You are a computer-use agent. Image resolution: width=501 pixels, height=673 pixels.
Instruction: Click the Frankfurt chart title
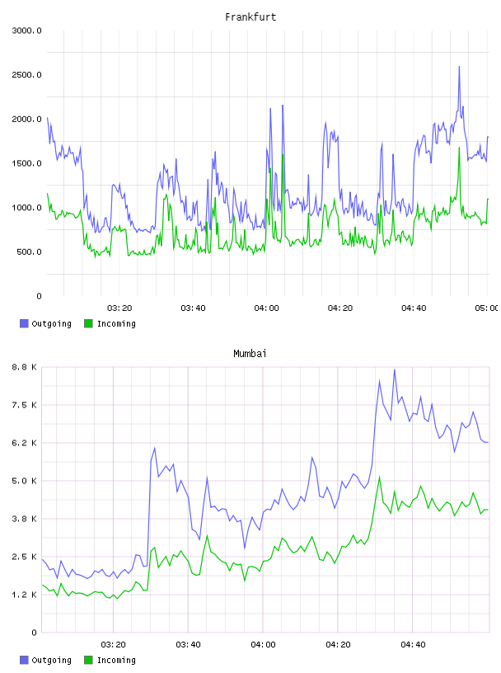point(250,17)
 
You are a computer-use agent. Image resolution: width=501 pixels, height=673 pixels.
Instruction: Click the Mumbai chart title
point(250,354)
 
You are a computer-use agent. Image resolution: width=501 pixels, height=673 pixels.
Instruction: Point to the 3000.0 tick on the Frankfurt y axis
point(27,31)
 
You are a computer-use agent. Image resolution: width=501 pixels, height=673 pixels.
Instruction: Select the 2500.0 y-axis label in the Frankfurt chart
point(27,75)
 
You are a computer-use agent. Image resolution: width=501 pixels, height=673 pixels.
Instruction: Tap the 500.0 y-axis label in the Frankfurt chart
point(29,252)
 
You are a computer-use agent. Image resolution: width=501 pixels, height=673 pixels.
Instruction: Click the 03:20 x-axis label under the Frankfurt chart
point(119,308)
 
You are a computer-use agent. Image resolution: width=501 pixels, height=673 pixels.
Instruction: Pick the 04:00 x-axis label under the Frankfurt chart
point(267,308)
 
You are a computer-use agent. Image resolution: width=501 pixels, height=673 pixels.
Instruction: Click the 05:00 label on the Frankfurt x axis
point(487,308)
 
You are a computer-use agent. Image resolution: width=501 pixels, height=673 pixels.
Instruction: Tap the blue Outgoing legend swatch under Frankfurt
point(24,323)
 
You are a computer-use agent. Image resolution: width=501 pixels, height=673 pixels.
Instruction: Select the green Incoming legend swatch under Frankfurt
point(88,323)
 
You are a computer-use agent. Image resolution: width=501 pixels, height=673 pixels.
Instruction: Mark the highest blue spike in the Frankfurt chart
point(459,67)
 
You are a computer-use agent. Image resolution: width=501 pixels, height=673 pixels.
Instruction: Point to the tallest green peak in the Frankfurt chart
point(460,148)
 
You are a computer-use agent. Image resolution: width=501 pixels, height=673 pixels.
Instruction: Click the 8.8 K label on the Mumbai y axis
point(25,367)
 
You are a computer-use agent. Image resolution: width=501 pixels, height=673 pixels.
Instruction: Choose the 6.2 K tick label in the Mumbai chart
point(25,443)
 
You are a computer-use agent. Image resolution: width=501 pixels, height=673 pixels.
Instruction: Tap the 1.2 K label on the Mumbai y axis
point(25,595)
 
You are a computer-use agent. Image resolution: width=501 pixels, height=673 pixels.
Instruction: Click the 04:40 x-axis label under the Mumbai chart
point(413,645)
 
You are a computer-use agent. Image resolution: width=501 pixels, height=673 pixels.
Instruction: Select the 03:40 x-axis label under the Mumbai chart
point(189,645)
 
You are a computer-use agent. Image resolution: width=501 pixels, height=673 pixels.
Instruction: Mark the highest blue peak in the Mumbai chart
point(395,370)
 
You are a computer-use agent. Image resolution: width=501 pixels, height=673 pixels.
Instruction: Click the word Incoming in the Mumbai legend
point(116,660)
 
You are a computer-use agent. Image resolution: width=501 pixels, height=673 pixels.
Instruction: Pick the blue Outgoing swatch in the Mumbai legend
point(24,660)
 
